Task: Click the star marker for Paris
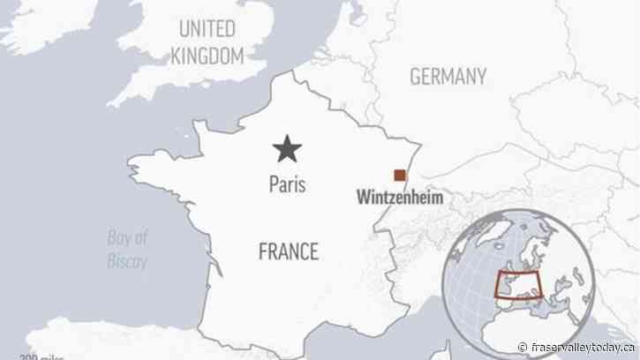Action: [286, 149]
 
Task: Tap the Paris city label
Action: [287, 185]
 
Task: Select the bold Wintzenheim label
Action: [398, 198]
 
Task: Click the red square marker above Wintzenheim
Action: [400, 175]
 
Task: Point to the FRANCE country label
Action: [288, 251]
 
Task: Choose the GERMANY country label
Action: [448, 77]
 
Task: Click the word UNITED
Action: [208, 28]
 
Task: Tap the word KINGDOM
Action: [207, 56]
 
